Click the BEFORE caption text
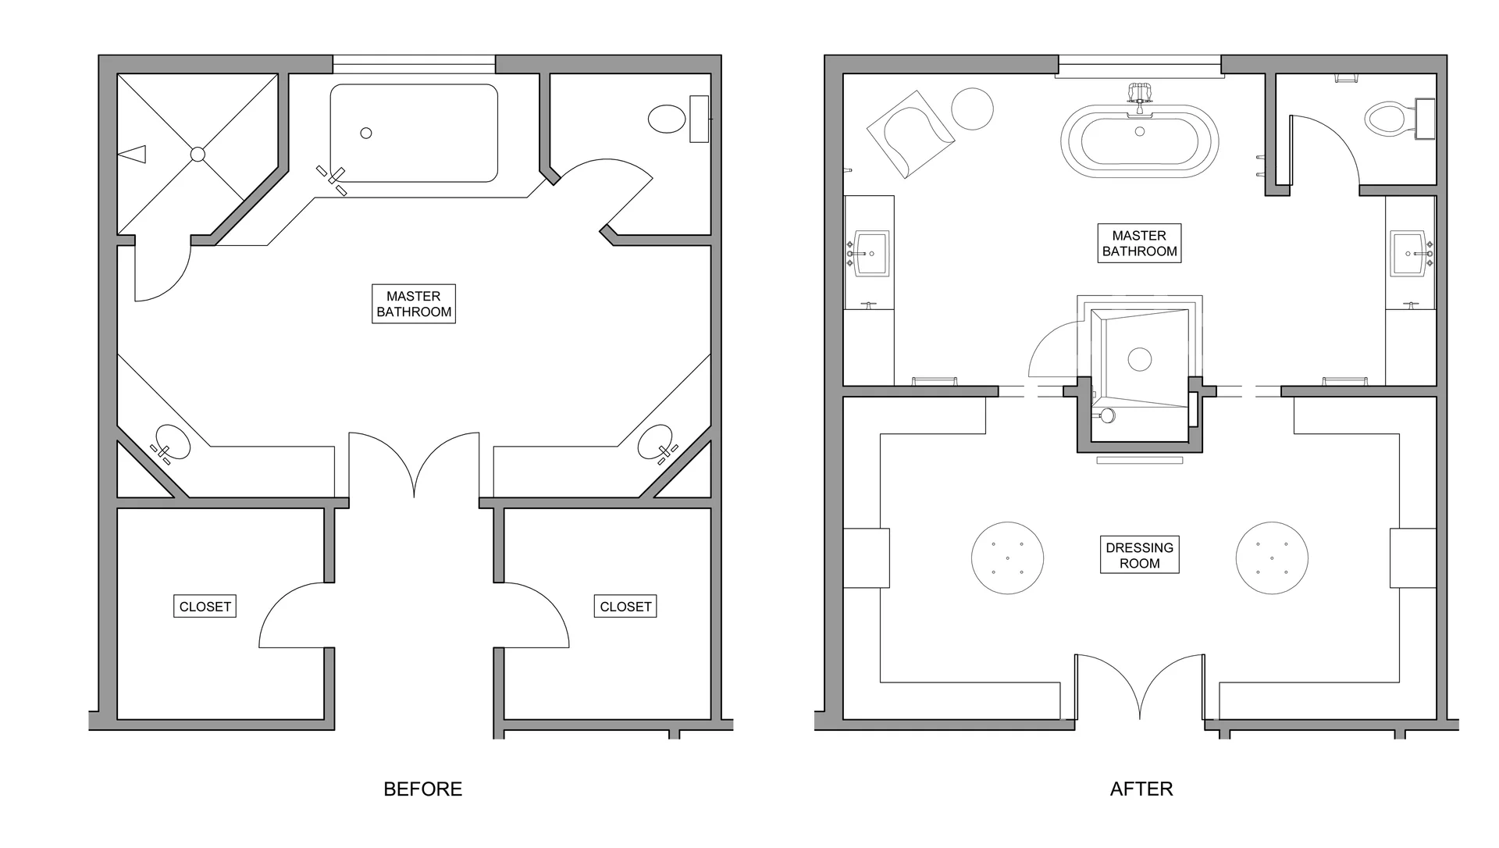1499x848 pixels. point(422,789)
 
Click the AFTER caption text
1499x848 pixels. point(1141,789)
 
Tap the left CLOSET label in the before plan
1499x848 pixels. point(205,607)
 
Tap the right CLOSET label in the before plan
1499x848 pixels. point(625,607)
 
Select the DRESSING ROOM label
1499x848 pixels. point(1139,555)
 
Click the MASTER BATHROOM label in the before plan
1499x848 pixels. point(414,304)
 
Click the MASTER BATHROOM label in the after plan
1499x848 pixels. point(1139,243)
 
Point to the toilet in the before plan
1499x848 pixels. point(668,119)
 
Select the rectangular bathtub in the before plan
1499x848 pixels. point(414,133)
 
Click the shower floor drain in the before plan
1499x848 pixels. point(198,155)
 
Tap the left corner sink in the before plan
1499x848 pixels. point(172,443)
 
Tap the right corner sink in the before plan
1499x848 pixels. point(656,443)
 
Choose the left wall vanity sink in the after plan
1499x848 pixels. point(872,253)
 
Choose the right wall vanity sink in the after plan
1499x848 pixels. point(1410,253)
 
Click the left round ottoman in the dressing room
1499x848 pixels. point(1008,558)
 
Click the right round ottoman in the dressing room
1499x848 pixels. point(1272,558)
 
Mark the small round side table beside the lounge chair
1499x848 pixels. point(973,109)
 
